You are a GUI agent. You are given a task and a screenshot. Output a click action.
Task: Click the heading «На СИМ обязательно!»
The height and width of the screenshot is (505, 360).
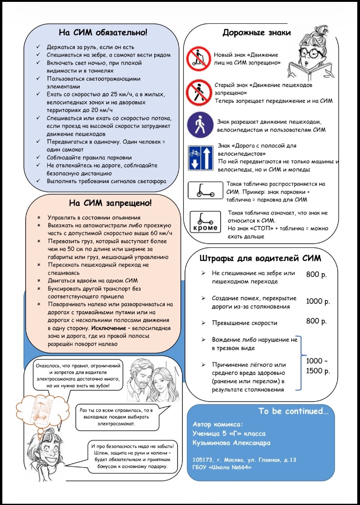[103, 32]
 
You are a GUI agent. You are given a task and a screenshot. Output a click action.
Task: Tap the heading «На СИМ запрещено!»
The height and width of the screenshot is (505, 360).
[110, 203]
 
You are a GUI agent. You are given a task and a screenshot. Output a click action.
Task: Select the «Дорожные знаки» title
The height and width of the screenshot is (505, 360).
[257, 32]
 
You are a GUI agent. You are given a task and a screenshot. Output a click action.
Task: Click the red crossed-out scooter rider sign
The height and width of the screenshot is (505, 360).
[198, 58]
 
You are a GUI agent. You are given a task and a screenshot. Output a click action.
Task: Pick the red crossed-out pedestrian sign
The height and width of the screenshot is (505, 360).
[199, 92]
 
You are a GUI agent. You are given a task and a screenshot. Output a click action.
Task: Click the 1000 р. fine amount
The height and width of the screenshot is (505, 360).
[318, 302]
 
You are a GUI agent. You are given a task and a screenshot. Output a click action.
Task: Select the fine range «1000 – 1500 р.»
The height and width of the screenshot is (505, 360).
[318, 366]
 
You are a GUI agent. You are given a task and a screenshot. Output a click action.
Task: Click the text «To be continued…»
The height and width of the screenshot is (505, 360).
[293, 411]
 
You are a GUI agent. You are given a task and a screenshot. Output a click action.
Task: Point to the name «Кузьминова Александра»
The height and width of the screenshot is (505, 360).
[231, 443]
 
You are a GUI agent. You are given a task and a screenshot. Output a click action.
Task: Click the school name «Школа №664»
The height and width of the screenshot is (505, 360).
[231, 466]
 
